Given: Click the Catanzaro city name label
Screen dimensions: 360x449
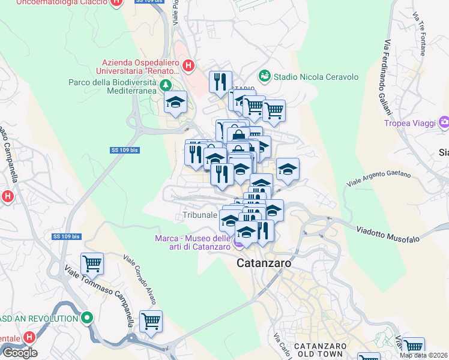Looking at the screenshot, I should click(264, 263).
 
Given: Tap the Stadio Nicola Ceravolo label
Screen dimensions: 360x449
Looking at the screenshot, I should click(316, 77).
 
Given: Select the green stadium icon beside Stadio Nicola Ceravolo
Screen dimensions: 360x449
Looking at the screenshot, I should click(264, 76).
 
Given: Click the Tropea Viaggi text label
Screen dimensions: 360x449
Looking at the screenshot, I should click(411, 124).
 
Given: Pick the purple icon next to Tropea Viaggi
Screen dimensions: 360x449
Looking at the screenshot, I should click(444, 124).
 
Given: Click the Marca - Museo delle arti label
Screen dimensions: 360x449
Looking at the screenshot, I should click(193, 242).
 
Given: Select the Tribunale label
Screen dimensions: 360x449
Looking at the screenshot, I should click(199, 215).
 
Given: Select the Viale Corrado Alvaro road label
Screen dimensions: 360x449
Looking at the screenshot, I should click(142, 280).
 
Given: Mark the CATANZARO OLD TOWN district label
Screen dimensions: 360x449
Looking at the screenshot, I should click(313, 351).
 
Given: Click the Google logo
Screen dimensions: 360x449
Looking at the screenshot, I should click(20, 353).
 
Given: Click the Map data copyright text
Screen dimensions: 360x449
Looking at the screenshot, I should click(423, 355).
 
